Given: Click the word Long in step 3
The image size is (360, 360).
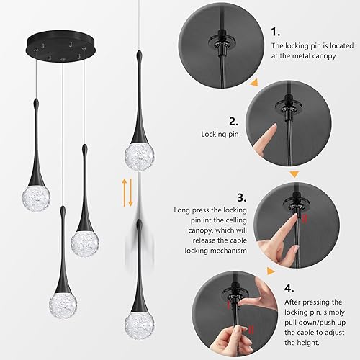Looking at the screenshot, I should pos(183,211).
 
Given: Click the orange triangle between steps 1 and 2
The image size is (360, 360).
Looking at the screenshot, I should pos(253,84).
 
